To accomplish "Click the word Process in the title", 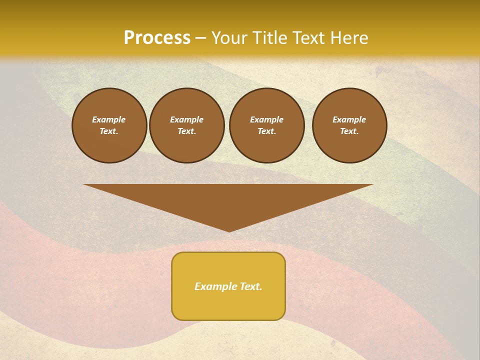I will pyautogui.click(x=157, y=38).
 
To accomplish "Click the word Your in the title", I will pyautogui.click(x=230, y=38).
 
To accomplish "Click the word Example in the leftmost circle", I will pyautogui.click(x=108, y=119).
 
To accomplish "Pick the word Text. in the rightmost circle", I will pyautogui.click(x=349, y=131).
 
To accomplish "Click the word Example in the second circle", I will pyautogui.click(x=186, y=119).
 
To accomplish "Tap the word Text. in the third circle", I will pyautogui.click(x=266, y=131).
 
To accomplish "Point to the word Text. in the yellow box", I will pyautogui.click(x=250, y=286).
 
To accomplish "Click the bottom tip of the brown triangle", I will pyautogui.click(x=229, y=230).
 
